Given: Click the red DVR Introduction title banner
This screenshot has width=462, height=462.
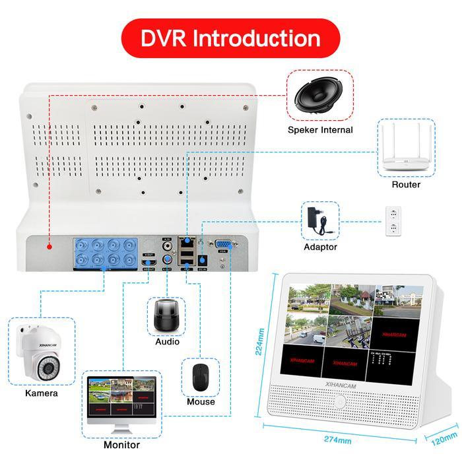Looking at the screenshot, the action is (230, 38).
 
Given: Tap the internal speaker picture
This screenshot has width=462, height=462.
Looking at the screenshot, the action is (320, 96).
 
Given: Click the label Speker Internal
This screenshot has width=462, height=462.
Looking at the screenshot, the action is (320, 130).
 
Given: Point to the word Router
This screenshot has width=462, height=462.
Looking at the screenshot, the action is (406, 185).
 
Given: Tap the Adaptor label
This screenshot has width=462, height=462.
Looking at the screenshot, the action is (320, 247).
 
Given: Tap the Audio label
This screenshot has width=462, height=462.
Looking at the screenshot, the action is (167, 342).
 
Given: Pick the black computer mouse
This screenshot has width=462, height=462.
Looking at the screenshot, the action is (201, 377).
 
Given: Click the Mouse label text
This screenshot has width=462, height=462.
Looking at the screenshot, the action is (201, 401).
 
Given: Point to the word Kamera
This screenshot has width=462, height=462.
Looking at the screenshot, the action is (42, 393).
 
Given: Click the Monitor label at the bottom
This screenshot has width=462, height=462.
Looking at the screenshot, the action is (122, 445).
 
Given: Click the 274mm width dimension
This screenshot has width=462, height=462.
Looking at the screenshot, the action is (337, 440).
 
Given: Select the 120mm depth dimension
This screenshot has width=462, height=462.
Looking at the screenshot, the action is (441, 437).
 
